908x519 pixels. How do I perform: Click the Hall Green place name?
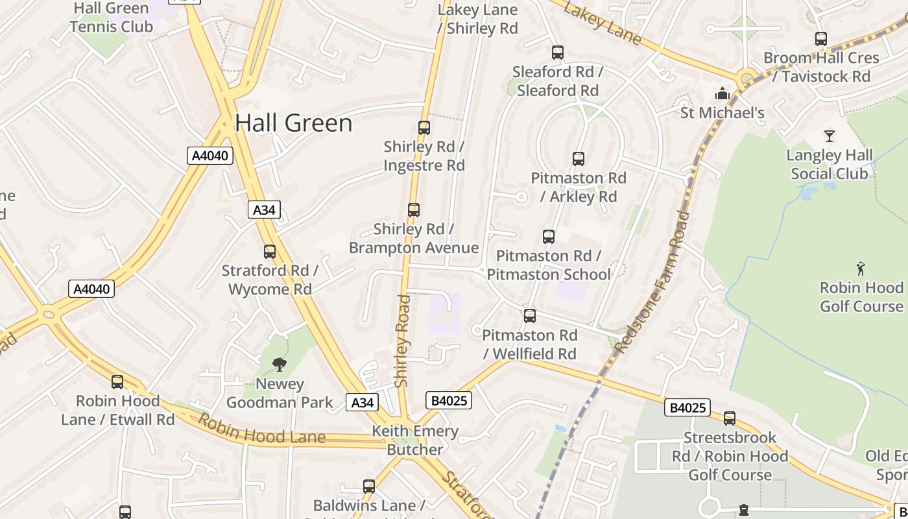coord(293,123)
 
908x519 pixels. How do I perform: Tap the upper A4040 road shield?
coord(210,156)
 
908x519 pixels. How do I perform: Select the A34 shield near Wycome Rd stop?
coord(264,210)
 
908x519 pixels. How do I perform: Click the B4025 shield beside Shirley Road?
coord(448,400)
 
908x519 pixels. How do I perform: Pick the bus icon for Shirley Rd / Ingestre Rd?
coord(424,128)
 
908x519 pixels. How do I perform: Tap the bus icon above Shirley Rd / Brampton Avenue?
coord(414,210)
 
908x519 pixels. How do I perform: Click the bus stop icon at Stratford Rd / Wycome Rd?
coord(270,252)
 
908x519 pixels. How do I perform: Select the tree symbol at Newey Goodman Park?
coord(280,365)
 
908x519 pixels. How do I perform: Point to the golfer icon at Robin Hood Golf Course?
coord(861,268)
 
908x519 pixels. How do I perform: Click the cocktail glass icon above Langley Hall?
coord(829,136)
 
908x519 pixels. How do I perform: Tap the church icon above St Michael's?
coord(723,94)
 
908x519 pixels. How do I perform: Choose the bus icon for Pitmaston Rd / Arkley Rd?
coord(579,159)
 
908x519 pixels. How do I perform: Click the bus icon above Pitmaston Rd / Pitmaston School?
coord(549,237)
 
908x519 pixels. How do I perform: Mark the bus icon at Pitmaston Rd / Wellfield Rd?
coord(530,316)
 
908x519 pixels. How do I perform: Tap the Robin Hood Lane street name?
coord(261,429)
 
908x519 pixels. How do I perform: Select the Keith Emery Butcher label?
coord(415,440)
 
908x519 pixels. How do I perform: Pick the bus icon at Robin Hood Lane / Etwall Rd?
coord(117,382)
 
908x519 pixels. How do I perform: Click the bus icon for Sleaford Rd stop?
coord(558,53)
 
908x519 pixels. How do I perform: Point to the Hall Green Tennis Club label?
coord(112,18)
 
